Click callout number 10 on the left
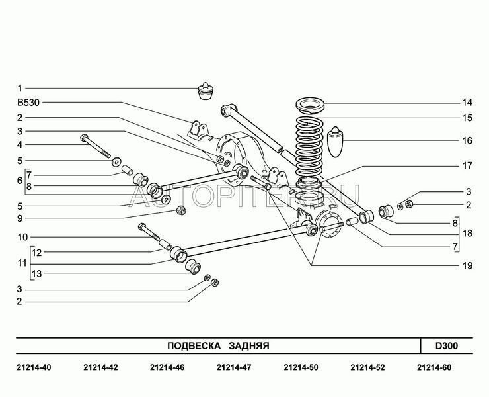[x=22, y=236]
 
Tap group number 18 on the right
[x=467, y=234]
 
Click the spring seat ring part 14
[x=309, y=105]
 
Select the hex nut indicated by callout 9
[x=180, y=212]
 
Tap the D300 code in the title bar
[x=446, y=346]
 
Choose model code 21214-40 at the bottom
[x=31, y=367]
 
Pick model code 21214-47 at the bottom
[x=233, y=367]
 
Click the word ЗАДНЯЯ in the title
[x=248, y=346]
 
